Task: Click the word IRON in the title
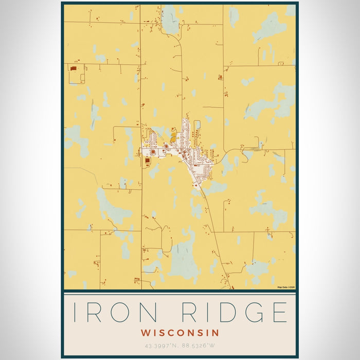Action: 111,313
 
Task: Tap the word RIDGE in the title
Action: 230,313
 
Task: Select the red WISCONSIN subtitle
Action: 180,333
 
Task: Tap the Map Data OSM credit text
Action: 286,287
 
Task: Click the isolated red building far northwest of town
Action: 73,68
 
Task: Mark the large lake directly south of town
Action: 184,257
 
